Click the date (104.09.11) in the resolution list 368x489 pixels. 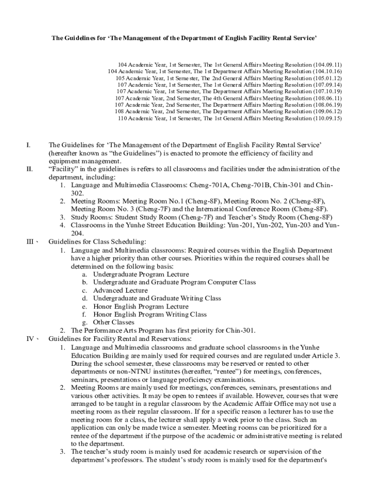pyautogui.click(x=327, y=64)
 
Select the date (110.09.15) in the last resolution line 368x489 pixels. pyautogui.click(x=327, y=118)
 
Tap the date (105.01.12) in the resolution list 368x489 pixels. pyautogui.click(x=327, y=78)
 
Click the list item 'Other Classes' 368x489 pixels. pyautogui.click(x=114, y=322)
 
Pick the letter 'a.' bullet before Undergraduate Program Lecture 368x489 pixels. pyautogui.click(x=84, y=274)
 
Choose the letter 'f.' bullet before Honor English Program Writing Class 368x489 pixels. pyautogui.click(x=84, y=314)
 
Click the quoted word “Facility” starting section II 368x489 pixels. pyautogui.click(x=62, y=169)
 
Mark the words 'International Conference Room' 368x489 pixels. pyautogui.click(x=242, y=209)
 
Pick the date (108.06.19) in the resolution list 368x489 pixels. pyautogui.click(x=327, y=105)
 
